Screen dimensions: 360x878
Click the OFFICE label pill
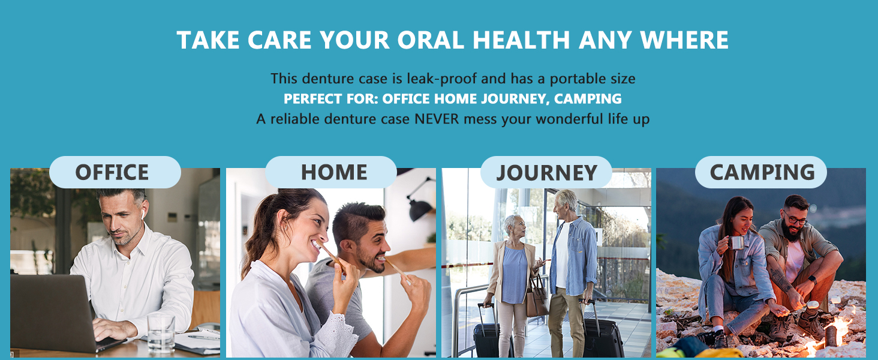[x=115, y=172]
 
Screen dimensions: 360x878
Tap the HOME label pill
[x=331, y=172]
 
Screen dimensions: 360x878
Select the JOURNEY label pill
[x=546, y=173]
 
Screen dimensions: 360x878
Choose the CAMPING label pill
[x=761, y=172]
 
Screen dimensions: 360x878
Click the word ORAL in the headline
[x=431, y=40]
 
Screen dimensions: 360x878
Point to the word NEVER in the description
[x=437, y=119]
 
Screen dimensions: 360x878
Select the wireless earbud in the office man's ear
[x=143, y=213]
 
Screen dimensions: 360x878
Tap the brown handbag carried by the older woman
[x=536, y=296]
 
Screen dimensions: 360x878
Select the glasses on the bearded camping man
[x=796, y=220]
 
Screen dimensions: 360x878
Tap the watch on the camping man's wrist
[x=811, y=279]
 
